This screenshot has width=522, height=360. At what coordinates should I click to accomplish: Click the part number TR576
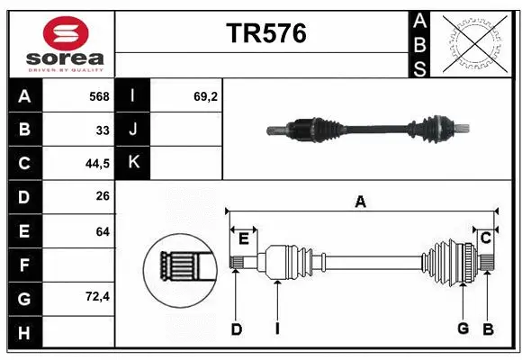tap(265, 33)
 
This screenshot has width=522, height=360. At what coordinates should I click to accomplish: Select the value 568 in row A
tap(99, 95)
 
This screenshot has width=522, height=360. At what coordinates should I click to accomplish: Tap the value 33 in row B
tap(103, 130)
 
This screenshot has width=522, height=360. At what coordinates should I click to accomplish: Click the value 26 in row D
tap(103, 197)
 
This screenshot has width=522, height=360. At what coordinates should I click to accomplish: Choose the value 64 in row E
tap(103, 231)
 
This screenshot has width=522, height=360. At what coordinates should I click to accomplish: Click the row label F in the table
tap(24, 265)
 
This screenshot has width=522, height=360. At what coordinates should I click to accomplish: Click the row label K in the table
tap(133, 163)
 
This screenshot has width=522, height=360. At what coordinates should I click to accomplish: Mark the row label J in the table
tap(133, 130)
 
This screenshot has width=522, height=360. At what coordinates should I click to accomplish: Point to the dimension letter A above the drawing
tap(360, 202)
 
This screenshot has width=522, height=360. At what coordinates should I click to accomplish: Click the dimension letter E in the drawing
tap(243, 238)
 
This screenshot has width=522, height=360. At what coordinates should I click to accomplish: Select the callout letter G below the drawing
tap(463, 328)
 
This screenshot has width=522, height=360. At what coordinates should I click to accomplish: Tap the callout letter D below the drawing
tap(236, 329)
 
